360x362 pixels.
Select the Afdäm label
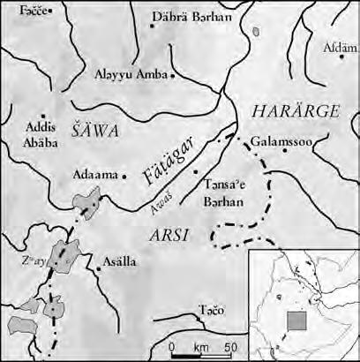coord(339,46)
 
